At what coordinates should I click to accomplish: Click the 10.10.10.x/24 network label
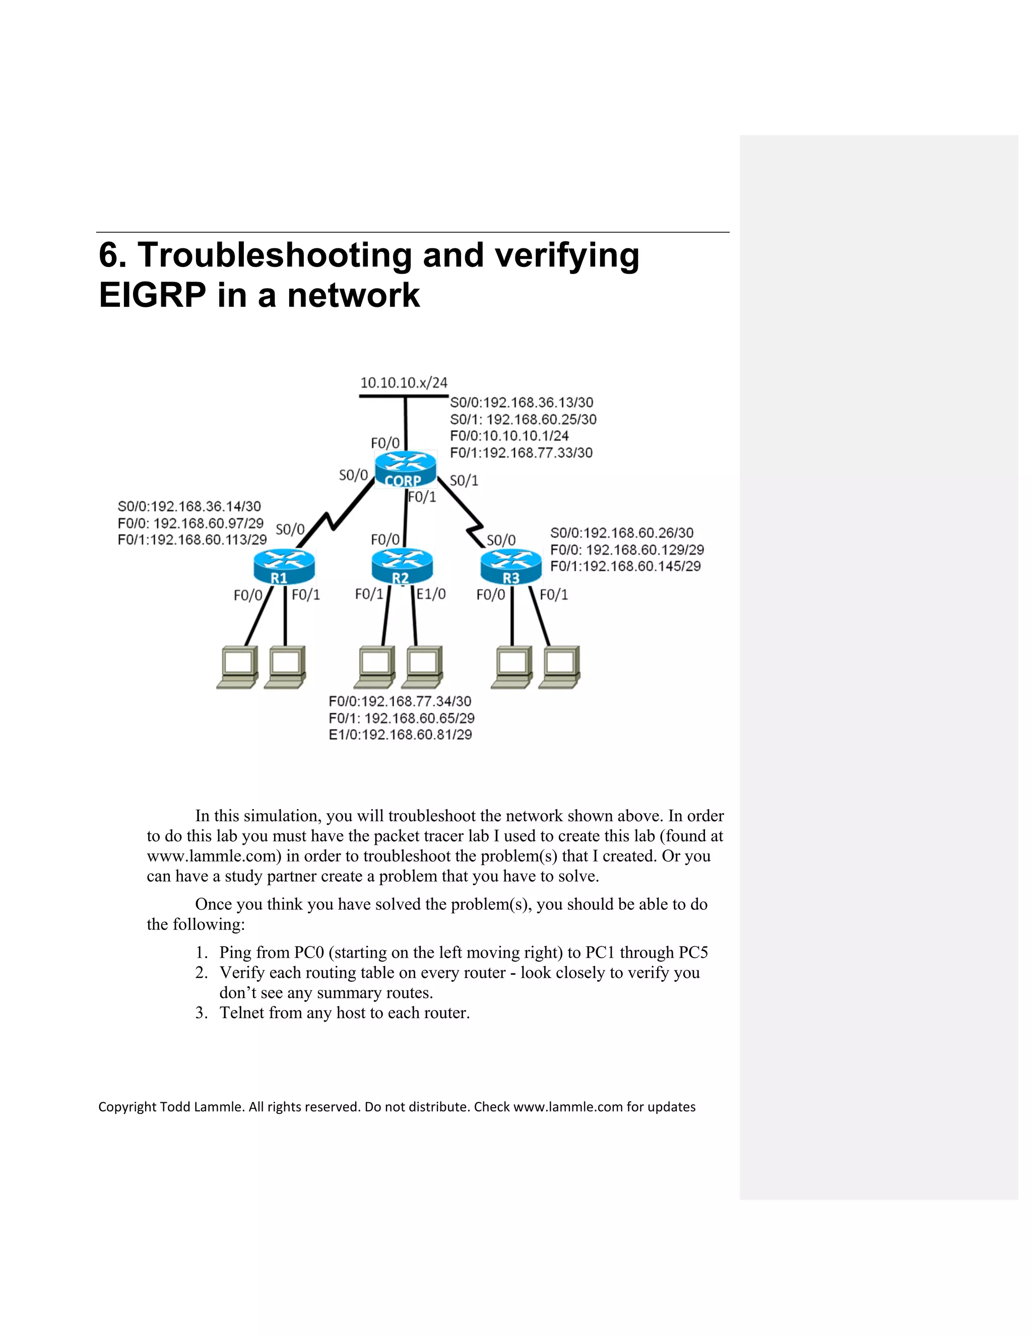pos(404,383)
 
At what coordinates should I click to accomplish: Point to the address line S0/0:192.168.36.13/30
pos(522,402)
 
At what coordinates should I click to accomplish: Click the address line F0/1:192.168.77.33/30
pos(521,453)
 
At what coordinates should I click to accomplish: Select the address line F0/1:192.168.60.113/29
pos(192,540)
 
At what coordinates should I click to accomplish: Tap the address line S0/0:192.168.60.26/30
pos(622,532)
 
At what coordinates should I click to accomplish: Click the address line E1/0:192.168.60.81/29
pos(401,735)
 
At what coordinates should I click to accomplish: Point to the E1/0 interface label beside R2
pos(431,593)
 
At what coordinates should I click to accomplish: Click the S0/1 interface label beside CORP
pos(464,481)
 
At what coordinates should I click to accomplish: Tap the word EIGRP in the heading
pos(152,295)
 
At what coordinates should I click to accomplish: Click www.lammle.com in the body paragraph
pos(213,856)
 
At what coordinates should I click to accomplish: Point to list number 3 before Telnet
pos(202,1013)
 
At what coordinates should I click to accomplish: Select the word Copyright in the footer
pos(127,1107)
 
